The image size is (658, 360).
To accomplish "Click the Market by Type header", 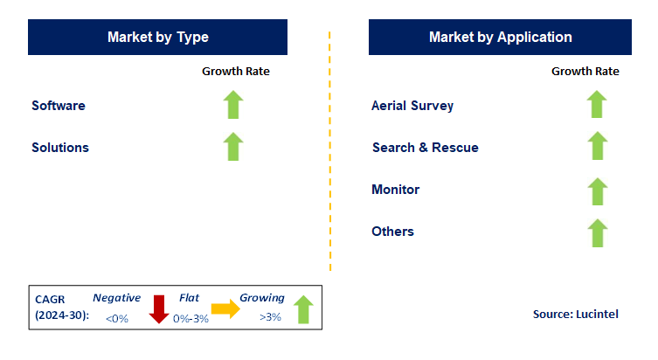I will [157, 38].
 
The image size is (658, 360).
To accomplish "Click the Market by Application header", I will [500, 38].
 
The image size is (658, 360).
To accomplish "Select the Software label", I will [59, 106].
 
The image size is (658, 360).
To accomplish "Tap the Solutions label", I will [60, 148].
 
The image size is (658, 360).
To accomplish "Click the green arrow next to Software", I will [232, 105].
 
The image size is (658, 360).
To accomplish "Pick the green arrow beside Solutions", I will [232, 146].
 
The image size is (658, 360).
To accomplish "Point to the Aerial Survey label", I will [412, 106].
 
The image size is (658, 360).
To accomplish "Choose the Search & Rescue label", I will [425, 148].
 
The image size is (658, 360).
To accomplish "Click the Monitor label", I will [395, 190].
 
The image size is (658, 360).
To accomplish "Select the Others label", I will [392, 232].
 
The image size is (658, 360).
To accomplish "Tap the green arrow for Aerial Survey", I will [597, 105].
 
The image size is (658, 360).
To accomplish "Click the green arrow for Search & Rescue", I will [597, 146].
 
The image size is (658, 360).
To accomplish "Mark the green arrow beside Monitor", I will [597, 190].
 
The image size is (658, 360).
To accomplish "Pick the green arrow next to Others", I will [597, 232].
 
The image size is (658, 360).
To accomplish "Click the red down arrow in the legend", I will [159, 309].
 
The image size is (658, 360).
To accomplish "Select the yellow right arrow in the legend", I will [225, 308].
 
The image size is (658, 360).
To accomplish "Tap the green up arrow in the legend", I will [302, 309].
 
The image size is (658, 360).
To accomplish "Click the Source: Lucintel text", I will [575, 314].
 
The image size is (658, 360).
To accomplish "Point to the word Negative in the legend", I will [116, 298].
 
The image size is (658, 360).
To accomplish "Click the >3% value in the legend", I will [270, 317].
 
